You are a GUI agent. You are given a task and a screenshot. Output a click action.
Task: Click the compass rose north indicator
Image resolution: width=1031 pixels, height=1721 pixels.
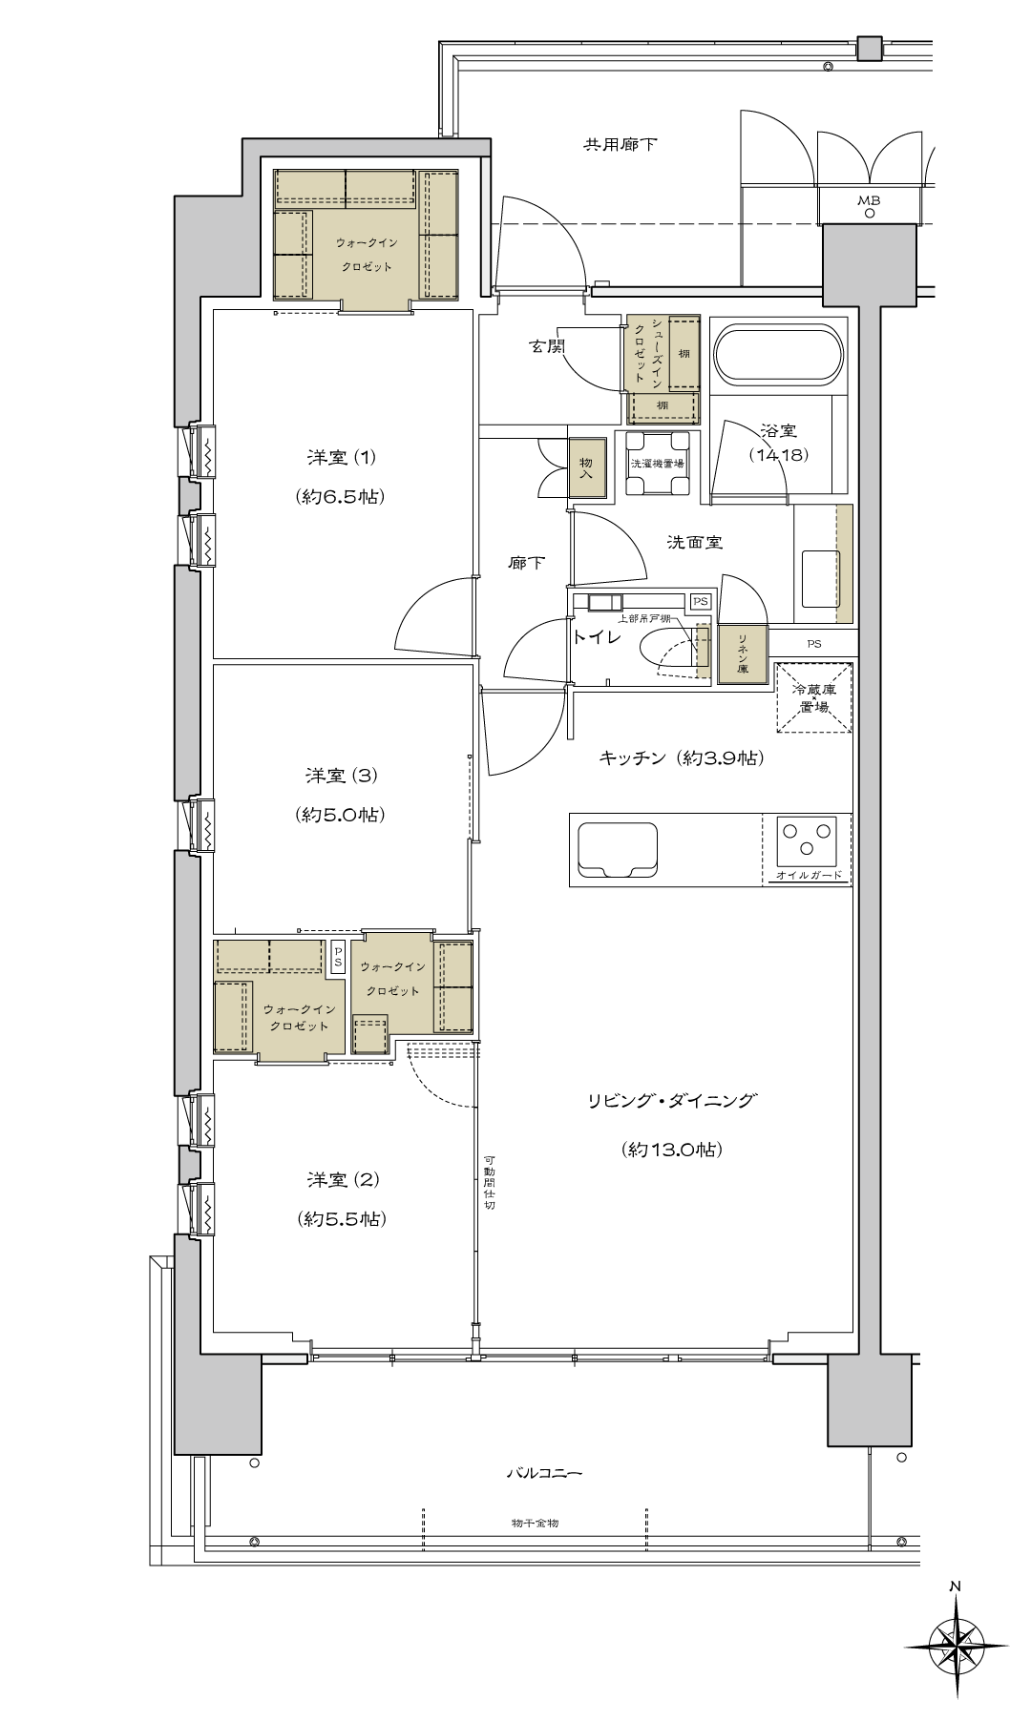click(x=955, y=1641)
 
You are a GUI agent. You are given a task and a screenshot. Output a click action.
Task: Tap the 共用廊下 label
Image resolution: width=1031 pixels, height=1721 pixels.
click(x=621, y=145)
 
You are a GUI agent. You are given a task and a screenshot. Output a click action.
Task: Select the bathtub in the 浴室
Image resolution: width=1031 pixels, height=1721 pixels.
click(x=779, y=356)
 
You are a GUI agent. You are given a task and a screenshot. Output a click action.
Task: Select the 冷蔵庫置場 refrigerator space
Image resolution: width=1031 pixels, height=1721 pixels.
click(x=814, y=697)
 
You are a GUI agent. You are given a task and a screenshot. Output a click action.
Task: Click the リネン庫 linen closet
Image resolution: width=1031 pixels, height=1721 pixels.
click(x=742, y=653)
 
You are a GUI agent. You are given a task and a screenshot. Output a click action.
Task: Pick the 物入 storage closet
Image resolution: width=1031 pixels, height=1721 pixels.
click(x=587, y=467)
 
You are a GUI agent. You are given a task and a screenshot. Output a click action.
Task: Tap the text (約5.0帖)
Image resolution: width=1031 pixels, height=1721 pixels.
click(x=342, y=815)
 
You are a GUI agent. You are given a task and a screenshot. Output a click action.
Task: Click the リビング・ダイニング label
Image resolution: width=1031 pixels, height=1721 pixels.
click(x=671, y=1101)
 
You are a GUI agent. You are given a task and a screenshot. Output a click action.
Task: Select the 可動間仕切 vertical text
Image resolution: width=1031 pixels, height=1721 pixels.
click(x=489, y=1181)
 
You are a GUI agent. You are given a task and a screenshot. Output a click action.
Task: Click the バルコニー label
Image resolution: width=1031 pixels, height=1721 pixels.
click(x=544, y=1474)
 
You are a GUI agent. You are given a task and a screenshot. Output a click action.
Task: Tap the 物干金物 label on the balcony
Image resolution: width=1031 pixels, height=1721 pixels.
click(x=535, y=1524)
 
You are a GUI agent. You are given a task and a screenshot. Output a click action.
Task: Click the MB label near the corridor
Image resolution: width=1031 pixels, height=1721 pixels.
click(x=869, y=200)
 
